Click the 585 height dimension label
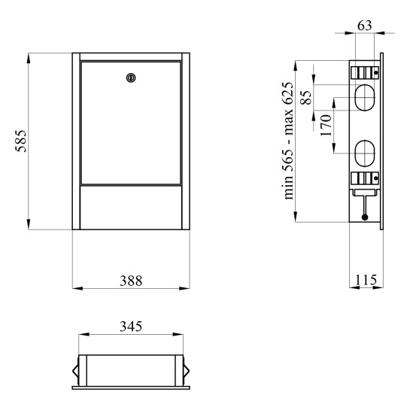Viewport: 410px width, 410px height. pos(21,141)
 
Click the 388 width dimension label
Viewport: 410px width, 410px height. pos(131,281)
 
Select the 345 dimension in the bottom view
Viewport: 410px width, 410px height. pos(131,326)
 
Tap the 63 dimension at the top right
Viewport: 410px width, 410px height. pos(365,26)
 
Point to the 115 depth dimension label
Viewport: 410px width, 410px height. pos(366,280)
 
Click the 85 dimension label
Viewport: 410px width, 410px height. pos(306,98)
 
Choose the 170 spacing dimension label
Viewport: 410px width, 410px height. pos(326,125)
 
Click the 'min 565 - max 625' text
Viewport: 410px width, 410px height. pos(289,141)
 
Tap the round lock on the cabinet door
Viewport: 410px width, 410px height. pos(131,77)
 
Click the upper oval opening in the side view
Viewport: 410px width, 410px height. pos(365,97)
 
